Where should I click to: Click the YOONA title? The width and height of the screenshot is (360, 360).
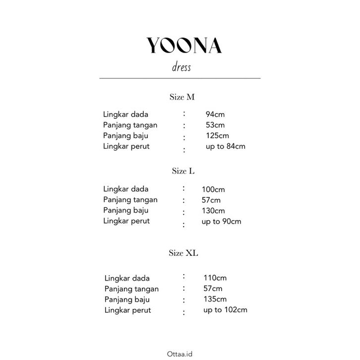coord(184,46)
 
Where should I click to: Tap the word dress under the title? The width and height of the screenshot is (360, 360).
coord(179,67)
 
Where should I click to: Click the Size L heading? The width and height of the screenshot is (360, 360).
coord(183,171)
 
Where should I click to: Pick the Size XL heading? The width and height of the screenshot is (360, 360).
coord(183,253)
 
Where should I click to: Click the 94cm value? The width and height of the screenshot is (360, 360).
coord(215,115)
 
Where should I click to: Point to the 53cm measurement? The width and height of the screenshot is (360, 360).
coord(215,125)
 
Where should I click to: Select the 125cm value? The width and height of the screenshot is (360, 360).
coord(217,135)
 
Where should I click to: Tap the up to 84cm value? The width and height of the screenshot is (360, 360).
coord(225,146)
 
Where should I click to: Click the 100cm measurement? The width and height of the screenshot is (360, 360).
coord(213,189)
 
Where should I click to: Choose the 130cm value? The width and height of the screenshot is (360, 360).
coord(213,211)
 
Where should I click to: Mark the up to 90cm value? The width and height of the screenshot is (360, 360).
coord(221,221)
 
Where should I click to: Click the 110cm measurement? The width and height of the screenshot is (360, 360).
coord(215,278)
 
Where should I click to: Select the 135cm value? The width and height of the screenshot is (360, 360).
coord(215,300)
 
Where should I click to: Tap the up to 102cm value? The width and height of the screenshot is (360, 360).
coord(225,310)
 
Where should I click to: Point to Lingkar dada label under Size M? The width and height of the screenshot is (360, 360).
coord(126,115)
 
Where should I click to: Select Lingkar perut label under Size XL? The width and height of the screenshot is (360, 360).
coord(128,310)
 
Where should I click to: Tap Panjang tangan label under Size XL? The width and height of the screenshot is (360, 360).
coord(131,289)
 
